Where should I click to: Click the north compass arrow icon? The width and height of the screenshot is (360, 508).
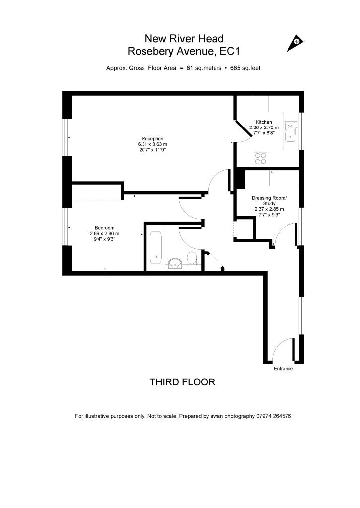pos(295,43)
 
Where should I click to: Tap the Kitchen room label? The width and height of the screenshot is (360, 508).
pos(264,122)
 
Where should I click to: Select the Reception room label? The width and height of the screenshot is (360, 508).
pos(152,138)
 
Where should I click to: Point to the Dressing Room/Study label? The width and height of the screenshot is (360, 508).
pos(269,201)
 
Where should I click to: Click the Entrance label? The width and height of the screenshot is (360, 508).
pos(283,369)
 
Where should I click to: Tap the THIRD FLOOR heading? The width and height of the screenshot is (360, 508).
pos(182,382)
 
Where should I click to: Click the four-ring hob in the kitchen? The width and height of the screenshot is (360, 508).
pos(261,158)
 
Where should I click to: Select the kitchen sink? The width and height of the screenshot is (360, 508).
pos(291,130)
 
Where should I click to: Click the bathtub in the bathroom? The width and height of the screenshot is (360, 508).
pos(156,247)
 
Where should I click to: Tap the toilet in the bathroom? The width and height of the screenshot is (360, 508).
pos(192,258)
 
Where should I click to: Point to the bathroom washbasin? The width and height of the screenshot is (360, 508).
pos(175,262)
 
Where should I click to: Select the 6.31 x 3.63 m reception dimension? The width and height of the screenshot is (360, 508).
pos(152,144)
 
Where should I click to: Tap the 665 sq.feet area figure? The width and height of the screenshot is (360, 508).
pos(245,68)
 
